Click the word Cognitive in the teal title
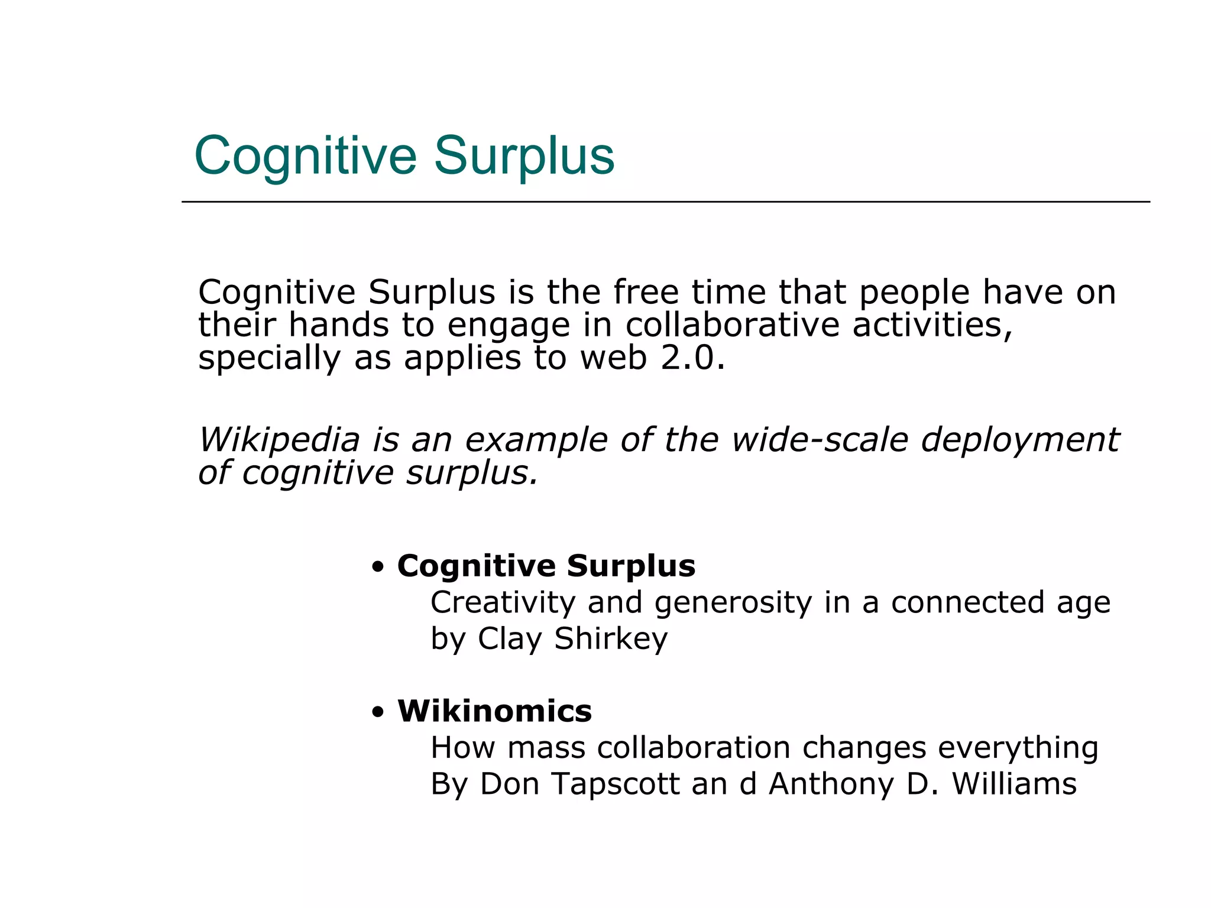point(305,157)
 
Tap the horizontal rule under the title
point(665,202)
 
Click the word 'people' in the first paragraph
point(914,293)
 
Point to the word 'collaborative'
point(732,325)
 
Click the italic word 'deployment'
point(1020,441)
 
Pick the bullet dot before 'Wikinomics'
point(378,712)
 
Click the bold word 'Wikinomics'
point(494,711)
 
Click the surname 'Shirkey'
point(611,639)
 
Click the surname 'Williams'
point(1014,784)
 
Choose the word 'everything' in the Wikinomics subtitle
point(1018,748)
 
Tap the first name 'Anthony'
point(831,784)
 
